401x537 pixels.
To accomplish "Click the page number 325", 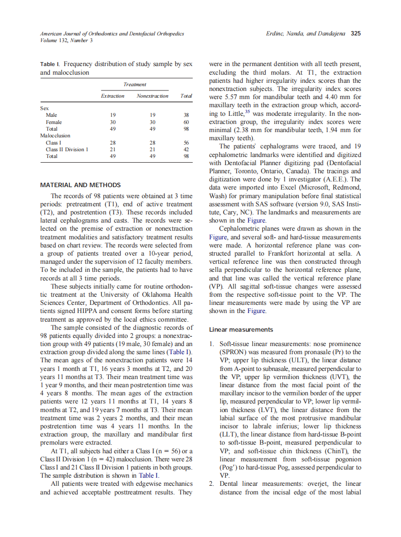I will pyautogui.click(x=356, y=34).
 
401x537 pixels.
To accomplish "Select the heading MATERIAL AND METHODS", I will pyautogui.click(x=80, y=185).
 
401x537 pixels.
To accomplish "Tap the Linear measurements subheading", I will pyautogui.click(x=241, y=330).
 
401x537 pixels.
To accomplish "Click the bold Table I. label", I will pyautogui.click(x=50, y=64).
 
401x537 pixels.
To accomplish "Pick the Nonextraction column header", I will pyautogui.click(x=152, y=96).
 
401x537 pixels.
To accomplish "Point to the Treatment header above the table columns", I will pyautogui.click(x=134, y=84).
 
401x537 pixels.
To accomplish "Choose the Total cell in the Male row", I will pyautogui.click(x=186, y=115).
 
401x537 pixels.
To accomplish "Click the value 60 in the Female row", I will pyautogui.click(x=186, y=122).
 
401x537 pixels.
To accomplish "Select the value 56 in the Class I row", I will pyautogui.click(x=186, y=143).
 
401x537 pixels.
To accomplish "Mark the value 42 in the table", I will pyautogui.click(x=186, y=149).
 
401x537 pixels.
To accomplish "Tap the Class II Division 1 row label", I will pyautogui.click(x=67, y=149).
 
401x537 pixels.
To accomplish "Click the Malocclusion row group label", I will pyautogui.click(x=55, y=136).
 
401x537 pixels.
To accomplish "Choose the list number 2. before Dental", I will pyautogui.click(x=212, y=483).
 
